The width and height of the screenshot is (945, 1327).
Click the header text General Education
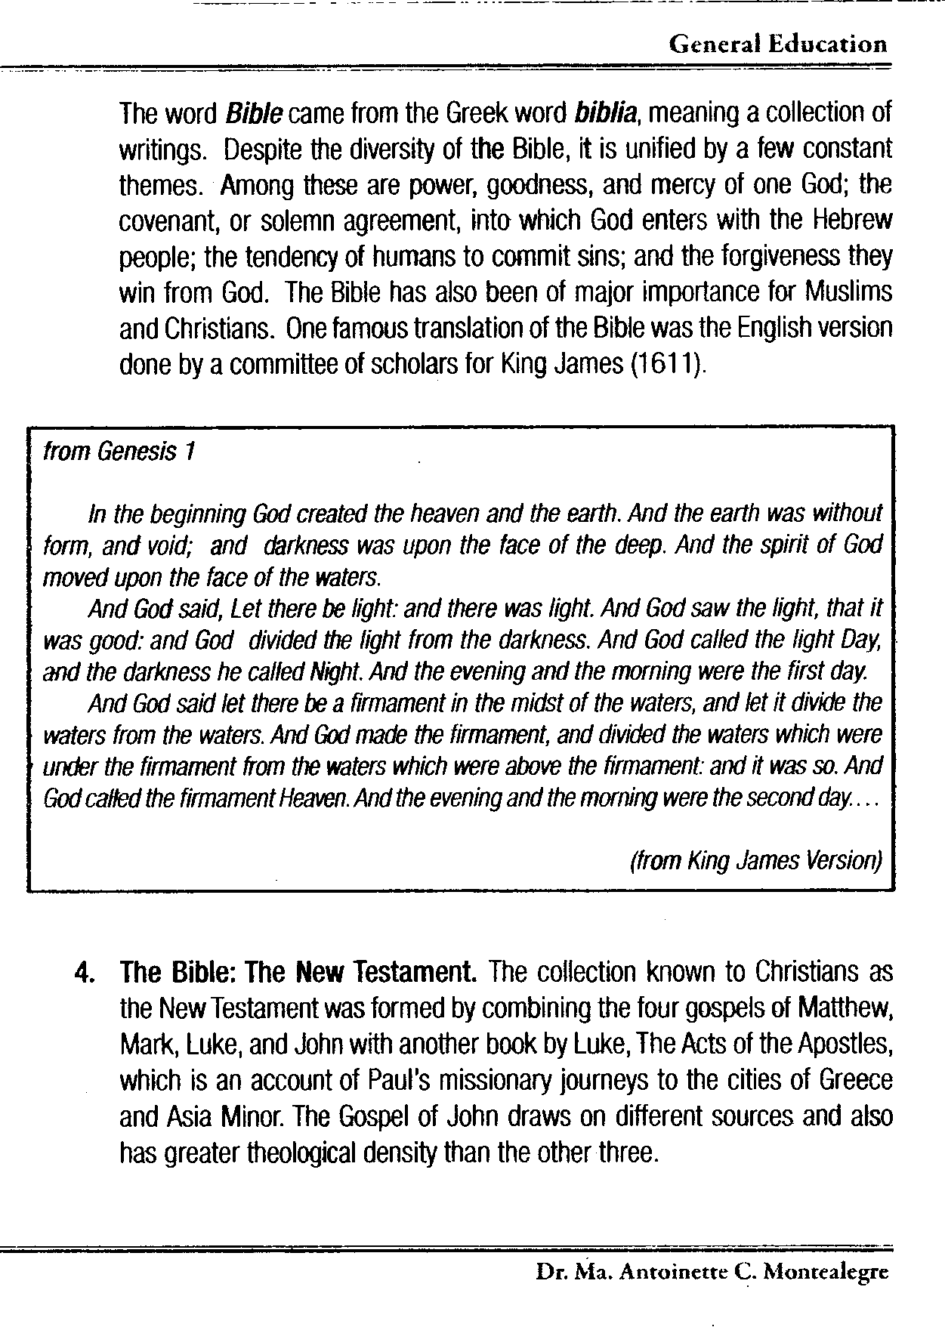pos(777,44)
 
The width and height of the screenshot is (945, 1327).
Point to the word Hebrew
pos(853,221)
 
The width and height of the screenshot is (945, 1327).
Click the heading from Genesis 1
pos(120,452)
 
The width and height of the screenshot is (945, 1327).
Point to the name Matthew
pos(845,1008)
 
